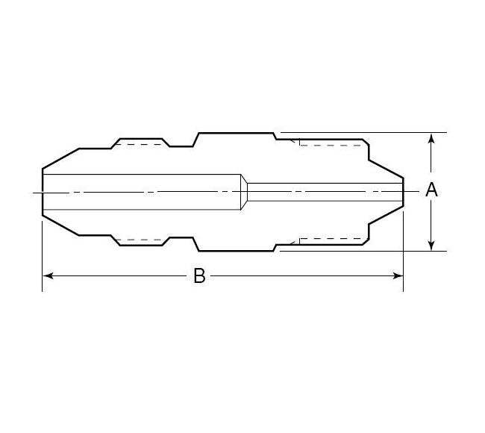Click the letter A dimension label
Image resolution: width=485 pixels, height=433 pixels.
[431, 190]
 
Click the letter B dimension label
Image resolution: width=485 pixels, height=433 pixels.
[199, 276]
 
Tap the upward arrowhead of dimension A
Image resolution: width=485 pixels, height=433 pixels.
[431, 140]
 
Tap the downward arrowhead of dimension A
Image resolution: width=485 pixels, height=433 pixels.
[431, 244]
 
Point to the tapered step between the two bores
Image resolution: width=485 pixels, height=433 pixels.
[244, 193]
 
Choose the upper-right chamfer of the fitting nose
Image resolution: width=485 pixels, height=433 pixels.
[387, 169]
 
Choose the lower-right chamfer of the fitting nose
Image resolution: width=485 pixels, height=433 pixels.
[387, 216]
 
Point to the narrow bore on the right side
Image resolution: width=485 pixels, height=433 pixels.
[321, 193]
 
